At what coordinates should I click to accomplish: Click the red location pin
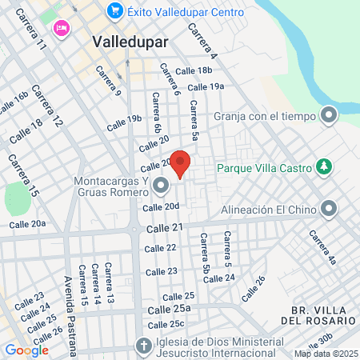181,163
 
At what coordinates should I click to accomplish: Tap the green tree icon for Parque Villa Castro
324,167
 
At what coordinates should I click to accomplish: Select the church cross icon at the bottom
143,347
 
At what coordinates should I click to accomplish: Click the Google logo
26,350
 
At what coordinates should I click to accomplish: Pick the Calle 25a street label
168,309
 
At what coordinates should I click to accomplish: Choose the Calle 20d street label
160,207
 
